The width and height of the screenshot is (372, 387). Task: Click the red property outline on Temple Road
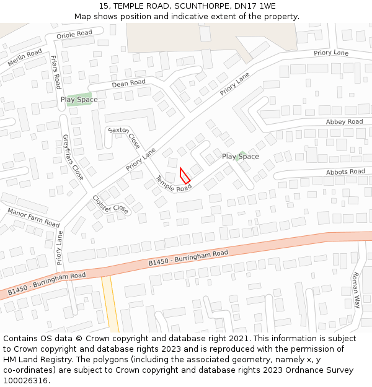pyautogui.click(x=185, y=175)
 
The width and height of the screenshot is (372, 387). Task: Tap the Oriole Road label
pyautogui.click(x=74, y=33)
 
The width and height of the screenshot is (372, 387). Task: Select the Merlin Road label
pyautogui.click(x=25, y=58)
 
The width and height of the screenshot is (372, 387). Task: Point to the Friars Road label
pyautogui.click(x=55, y=72)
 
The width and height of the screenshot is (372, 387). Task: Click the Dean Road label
pyautogui.click(x=128, y=83)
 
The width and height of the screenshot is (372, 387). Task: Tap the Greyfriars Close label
pyautogui.click(x=73, y=157)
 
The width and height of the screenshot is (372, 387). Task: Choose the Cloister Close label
pyautogui.click(x=110, y=204)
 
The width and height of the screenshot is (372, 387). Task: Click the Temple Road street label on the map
pyautogui.click(x=173, y=184)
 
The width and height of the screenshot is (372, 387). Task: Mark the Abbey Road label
pyautogui.click(x=344, y=122)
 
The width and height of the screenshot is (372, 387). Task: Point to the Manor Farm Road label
pyautogui.click(x=33, y=217)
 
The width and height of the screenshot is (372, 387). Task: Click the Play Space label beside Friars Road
pyautogui.click(x=79, y=100)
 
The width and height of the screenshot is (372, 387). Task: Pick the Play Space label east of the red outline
pyautogui.click(x=241, y=157)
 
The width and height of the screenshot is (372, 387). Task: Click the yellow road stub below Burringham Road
pyautogui.click(x=110, y=303)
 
